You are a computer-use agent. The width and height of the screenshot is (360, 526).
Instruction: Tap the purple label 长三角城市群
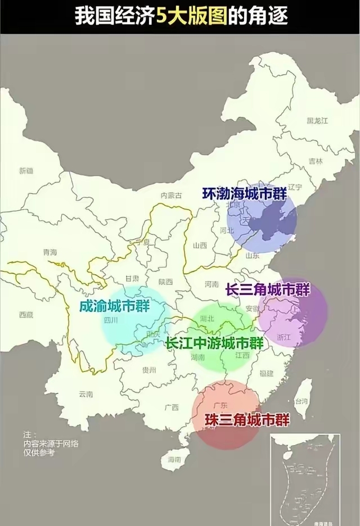[268, 290]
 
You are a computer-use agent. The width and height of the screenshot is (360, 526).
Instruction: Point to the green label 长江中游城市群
[214, 343]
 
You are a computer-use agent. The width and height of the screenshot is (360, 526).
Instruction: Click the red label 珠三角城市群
[239, 419]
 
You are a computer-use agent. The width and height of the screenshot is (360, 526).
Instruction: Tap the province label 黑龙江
[317, 121]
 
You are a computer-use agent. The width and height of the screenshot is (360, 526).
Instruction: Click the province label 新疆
[26, 170]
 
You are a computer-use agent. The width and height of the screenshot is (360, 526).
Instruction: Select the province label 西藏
[26, 315]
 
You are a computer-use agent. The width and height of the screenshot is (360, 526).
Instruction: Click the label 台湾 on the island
[302, 401]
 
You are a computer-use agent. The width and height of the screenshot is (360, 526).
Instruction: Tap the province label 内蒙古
[171, 196]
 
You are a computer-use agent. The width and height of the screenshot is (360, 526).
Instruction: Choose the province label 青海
[49, 252]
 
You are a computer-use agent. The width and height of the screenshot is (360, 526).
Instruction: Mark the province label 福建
[266, 373]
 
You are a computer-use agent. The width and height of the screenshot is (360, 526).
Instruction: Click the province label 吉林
[316, 161]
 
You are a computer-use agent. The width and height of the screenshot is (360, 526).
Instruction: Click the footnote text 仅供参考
[39, 452]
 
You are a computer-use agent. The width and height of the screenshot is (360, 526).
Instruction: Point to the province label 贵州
[149, 370]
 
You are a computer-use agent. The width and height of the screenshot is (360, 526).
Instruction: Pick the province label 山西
[200, 246]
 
